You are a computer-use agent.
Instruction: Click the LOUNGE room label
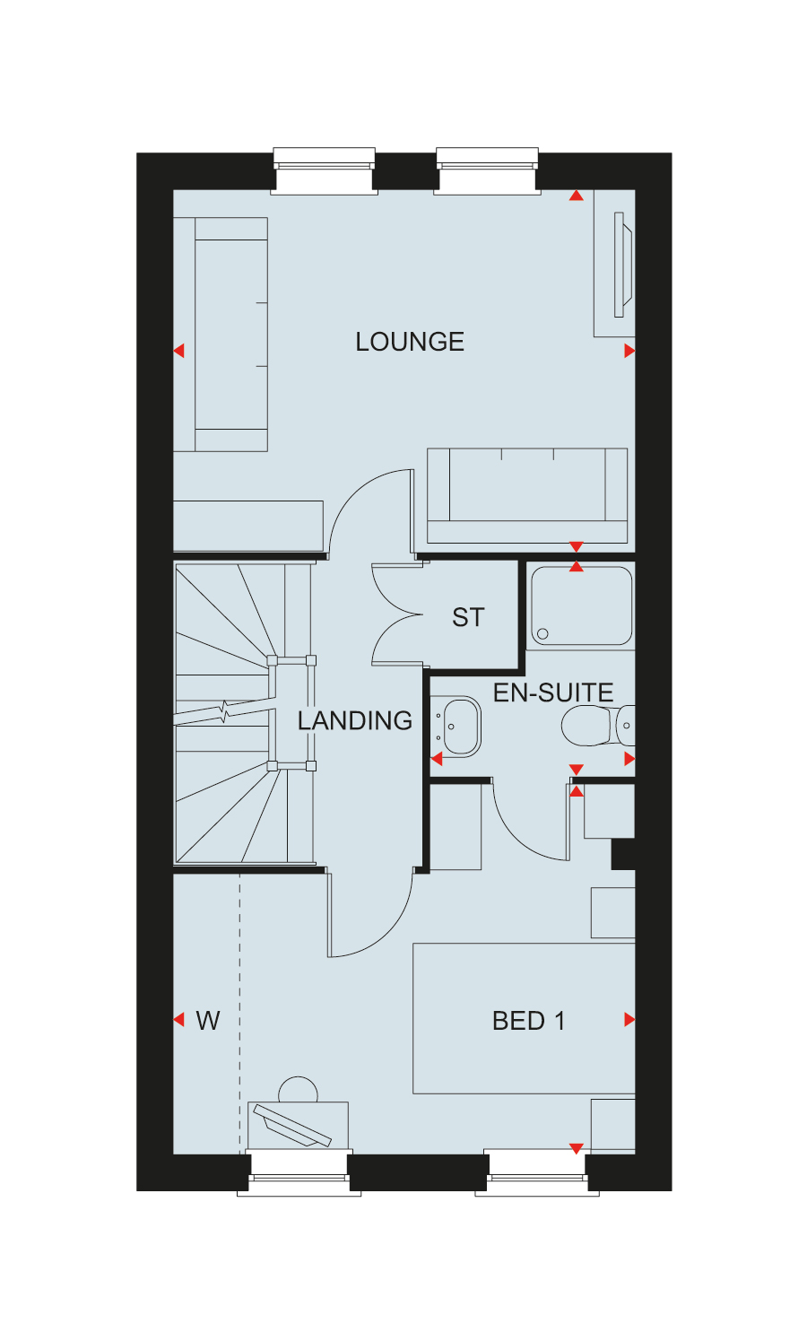click(x=410, y=342)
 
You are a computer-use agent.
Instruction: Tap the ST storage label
click(x=468, y=617)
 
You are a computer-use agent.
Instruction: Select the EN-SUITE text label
click(x=553, y=692)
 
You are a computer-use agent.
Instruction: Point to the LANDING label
click(x=354, y=720)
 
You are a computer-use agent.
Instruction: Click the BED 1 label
click(x=528, y=1021)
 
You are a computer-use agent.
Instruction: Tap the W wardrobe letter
click(x=208, y=1021)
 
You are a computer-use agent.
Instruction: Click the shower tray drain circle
click(x=542, y=633)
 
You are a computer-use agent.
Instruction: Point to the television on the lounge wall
click(x=622, y=265)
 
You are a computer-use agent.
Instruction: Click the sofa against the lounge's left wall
click(x=221, y=335)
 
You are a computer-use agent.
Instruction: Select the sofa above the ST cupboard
click(x=527, y=495)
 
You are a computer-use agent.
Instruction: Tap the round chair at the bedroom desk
click(x=298, y=1088)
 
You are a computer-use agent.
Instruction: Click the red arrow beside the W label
click(x=179, y=1020)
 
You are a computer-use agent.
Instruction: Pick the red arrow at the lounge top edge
click(x=576, y=196)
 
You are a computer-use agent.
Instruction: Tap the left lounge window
click(x=324, y=170)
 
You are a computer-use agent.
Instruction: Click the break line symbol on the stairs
click(x=224, y=711)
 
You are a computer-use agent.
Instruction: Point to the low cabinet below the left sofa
click(x=248, y=526)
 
